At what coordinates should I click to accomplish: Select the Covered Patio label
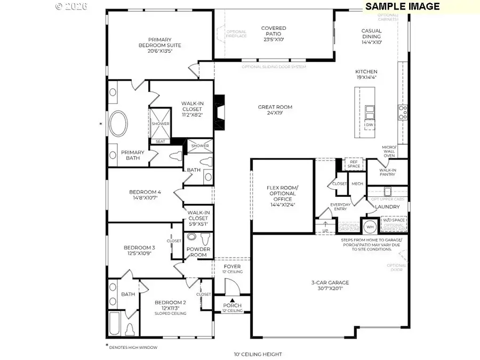(x=273, y=34)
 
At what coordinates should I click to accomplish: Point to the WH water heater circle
(x=370, y=227)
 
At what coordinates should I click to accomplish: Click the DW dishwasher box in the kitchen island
(x=370, y=125)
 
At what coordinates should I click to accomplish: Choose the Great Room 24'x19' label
(x=275, y=110)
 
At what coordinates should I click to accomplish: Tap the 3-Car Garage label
(x=330, y=286)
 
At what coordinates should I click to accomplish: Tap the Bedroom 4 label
(x=144, y=195)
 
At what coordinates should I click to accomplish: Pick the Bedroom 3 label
(x=139, y=250)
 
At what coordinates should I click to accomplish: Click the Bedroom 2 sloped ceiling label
(x=170, y=308)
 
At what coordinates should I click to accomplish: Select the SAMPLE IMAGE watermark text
(x=410, y=6)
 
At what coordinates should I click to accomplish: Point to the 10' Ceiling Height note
(x=258, y=354)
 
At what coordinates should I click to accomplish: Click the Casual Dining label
(x=371, y=36)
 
